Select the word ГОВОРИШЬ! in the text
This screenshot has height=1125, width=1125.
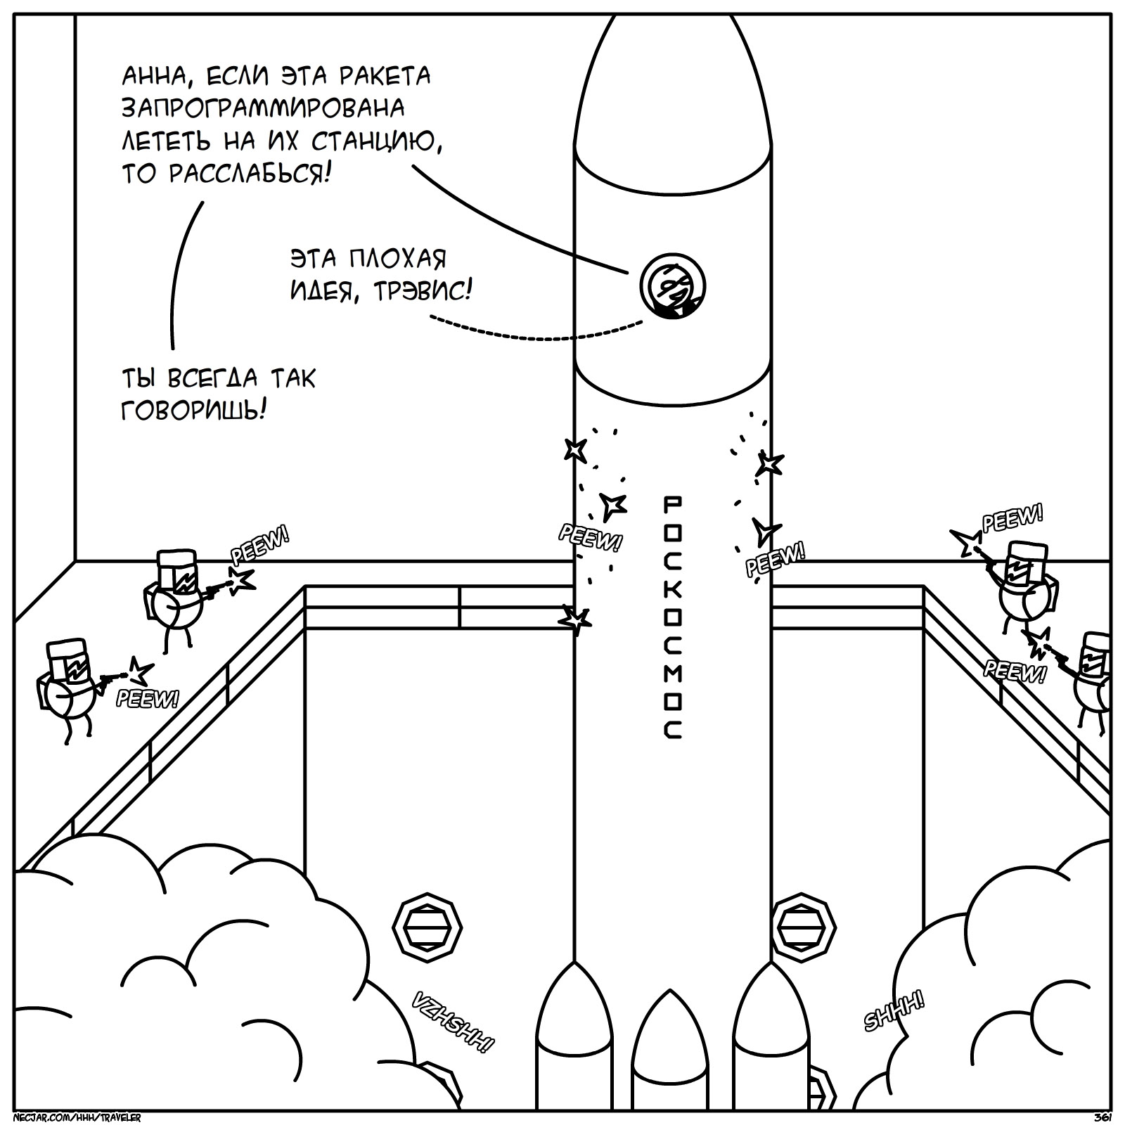[194, 409]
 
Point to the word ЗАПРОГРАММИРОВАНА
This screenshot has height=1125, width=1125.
[263, 108]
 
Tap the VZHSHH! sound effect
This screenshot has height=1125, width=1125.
[451, 1022]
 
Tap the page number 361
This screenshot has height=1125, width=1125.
[1102, 1118]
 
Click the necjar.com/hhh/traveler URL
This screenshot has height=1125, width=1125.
[77, 1118]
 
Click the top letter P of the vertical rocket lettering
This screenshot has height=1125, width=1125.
[672, 503]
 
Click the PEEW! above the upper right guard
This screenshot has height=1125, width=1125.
[1012, 519]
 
